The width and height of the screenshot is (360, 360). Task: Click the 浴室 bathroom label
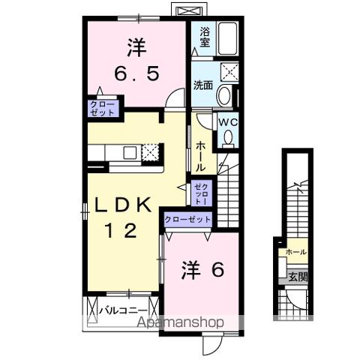click(203, 37)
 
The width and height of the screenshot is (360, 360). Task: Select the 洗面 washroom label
click(203, 85)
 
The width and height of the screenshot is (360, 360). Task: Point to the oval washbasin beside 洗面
click(224, 95)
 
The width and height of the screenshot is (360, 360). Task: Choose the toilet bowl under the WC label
click(228, 139)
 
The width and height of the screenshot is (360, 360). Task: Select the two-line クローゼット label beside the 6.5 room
click(102, 107)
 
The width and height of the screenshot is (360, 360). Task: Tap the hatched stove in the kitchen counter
click(151, 151)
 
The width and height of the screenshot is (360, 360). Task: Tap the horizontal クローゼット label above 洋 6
click(187, 219)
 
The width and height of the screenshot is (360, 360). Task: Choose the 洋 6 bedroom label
click(200, 269)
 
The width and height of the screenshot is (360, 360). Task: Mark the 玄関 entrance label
click(298, 276)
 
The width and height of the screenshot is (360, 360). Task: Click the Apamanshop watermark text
click(179, 323)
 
